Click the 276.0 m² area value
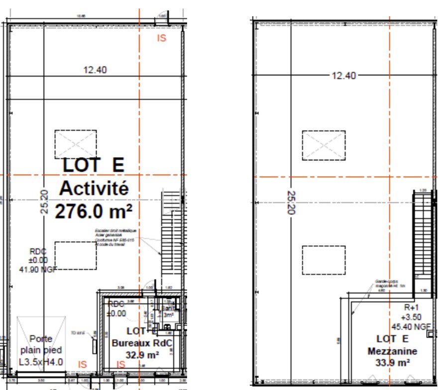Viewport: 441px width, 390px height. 94,212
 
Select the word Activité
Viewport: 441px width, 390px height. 94,189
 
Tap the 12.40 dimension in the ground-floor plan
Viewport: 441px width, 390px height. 95,70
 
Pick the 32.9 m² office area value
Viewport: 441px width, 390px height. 142,355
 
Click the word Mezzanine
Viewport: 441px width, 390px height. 393,351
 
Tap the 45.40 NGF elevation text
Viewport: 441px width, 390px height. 411,327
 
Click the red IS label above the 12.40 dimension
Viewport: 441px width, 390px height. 161,38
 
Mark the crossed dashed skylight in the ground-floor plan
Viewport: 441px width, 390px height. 76,145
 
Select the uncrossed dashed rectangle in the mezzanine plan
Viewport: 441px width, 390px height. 324,260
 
